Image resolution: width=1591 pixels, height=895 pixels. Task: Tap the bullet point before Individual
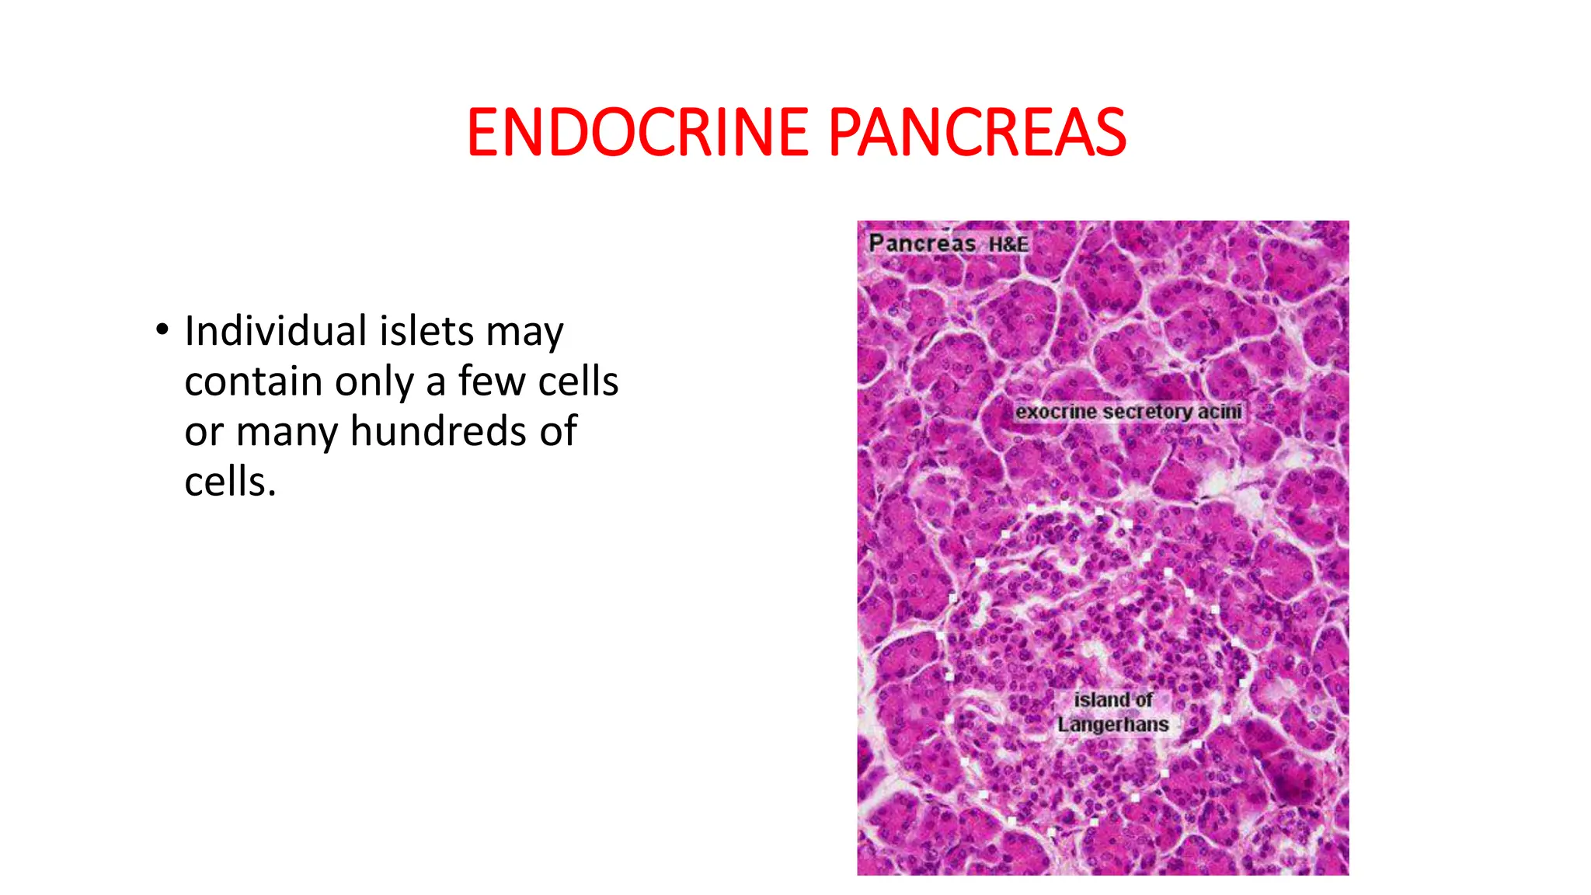[x=162, y=330]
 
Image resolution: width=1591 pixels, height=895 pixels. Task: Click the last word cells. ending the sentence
[x=230, y=482]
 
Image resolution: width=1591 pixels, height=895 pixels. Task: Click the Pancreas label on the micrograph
[x=922, y=243]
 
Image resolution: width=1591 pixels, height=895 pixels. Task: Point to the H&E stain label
[x=1008, y=245]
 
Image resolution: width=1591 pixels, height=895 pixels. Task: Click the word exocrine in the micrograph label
[x=1054, y=412]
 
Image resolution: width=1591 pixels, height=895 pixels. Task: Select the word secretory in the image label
[x=1147, y=412]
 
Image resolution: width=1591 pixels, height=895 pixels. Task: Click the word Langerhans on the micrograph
[x=1112, y=725]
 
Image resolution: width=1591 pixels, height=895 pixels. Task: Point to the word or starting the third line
[x=204, y=433]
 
